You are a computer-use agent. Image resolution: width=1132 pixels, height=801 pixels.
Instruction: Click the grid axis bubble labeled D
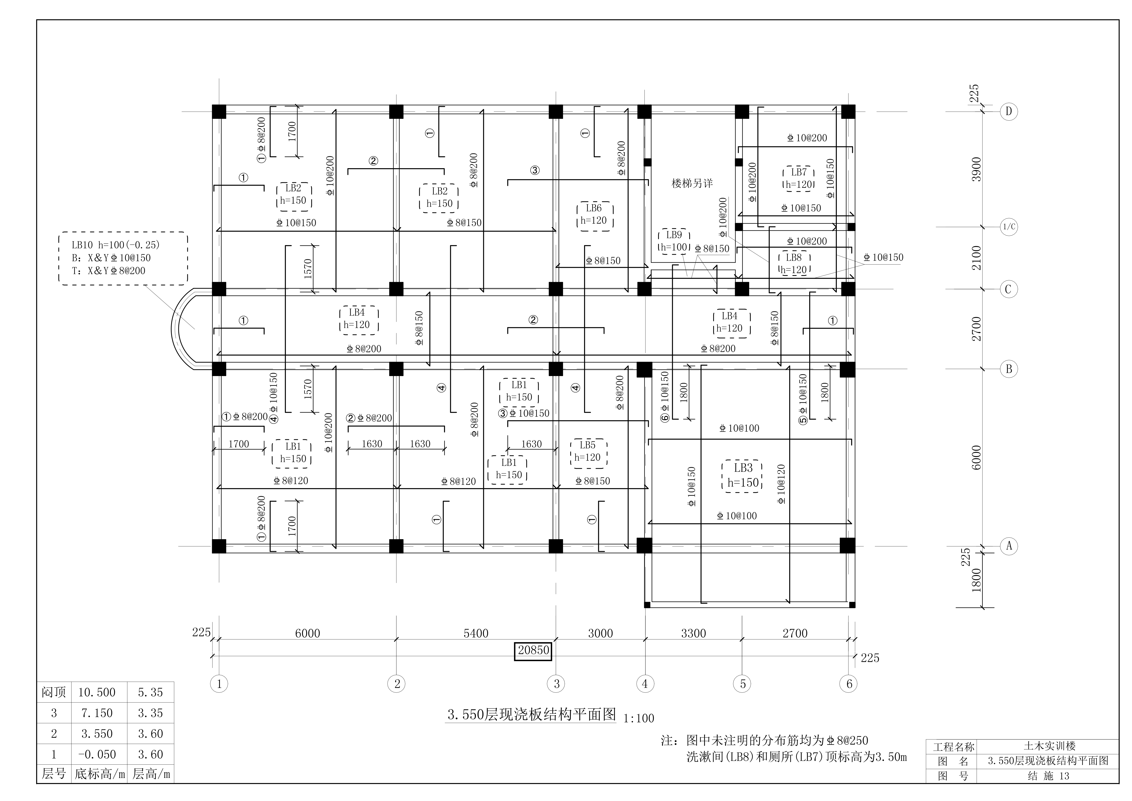tap(1009, 111)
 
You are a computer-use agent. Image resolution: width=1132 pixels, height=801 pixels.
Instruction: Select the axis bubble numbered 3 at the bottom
tap(557, 684)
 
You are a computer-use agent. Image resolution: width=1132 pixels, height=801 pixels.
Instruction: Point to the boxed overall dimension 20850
tap(533, 650)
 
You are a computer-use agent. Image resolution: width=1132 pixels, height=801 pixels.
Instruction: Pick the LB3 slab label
tap(743, 468)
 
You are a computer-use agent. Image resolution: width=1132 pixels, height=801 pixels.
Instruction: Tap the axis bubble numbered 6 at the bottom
tap(849, 684)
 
